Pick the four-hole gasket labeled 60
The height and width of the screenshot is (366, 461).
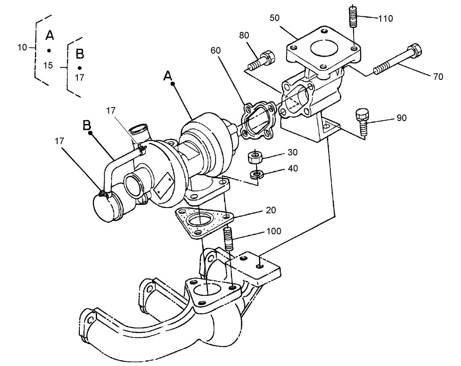(x=257, y=119)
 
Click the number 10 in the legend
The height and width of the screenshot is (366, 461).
(x=22, y=47)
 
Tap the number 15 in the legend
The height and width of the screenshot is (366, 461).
(x=48, y=66)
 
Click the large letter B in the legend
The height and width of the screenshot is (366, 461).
(x=79, y=54)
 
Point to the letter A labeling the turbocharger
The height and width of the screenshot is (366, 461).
(x=168, y=75)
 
